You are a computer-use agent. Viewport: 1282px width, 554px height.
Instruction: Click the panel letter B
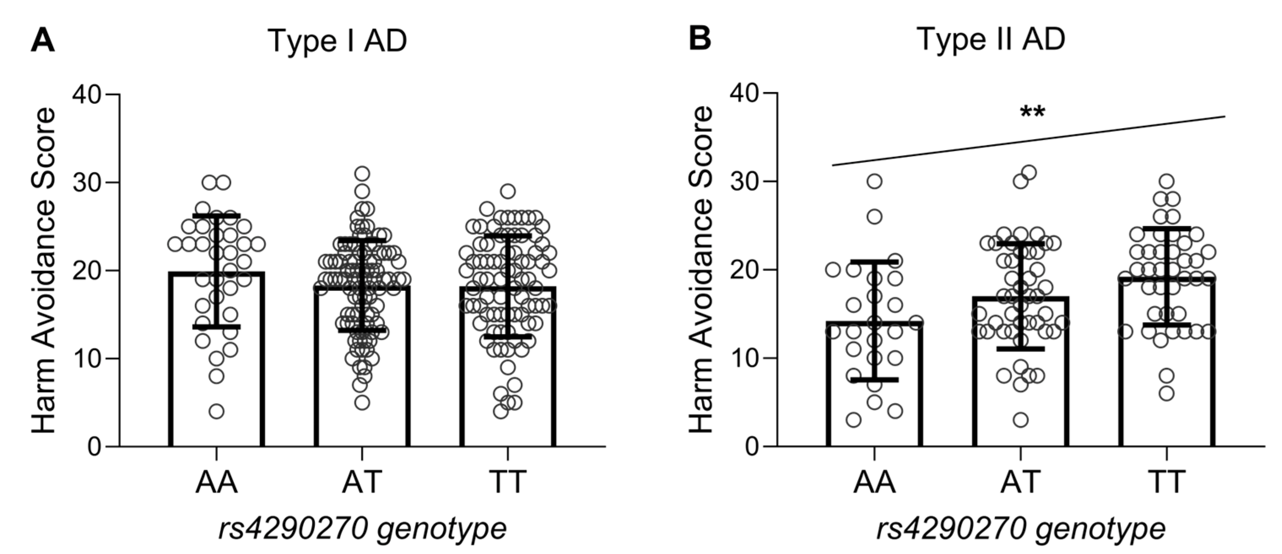pos(700,38)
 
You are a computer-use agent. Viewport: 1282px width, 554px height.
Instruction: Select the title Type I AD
pos(337,40)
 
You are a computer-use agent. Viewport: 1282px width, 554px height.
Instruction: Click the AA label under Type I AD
pos(216,481)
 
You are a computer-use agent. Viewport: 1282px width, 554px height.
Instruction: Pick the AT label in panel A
pos(362,481)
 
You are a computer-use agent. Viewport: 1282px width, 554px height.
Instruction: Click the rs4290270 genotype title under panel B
pos(1021,528)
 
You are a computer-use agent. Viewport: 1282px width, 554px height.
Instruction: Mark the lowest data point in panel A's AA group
pos(216,411)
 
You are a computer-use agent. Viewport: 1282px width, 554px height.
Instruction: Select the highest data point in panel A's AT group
pos(362,174)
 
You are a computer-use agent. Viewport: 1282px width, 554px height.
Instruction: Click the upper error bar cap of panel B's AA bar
pos(874,261)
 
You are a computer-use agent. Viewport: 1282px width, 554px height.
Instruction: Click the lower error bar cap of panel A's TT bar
pos(508,337)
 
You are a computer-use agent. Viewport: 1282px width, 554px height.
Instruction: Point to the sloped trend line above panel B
pos(1028,141)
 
